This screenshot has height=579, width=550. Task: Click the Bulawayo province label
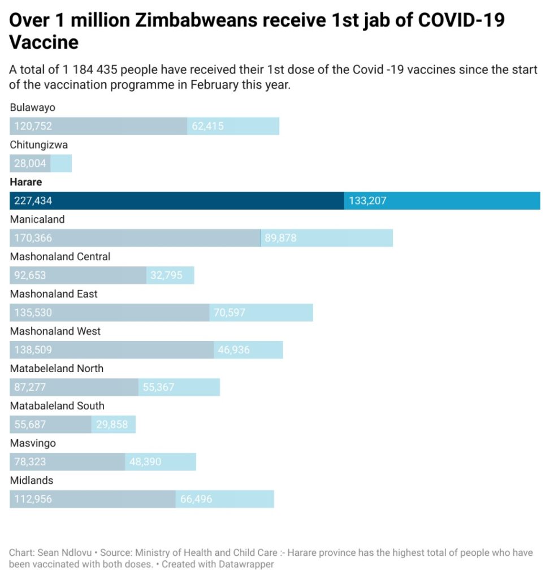pos(32,107)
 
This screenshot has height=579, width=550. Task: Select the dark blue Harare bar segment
pos(176,201)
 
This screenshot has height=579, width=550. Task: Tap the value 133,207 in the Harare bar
pos(367,201)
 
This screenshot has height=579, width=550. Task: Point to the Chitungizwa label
pos(38,145)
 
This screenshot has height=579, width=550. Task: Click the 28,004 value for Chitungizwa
pos(29,163)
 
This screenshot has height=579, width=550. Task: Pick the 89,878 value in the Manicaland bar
pos(280,238)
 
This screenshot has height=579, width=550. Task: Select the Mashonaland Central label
pos(60,257)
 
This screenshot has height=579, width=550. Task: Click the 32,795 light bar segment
pos(170,275)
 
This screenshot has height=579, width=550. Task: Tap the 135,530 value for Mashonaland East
pos(33,313)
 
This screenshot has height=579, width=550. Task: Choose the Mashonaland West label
pos(55,331)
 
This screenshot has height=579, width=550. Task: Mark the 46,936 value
pos(233,350)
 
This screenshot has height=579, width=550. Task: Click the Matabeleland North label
pos(57,369)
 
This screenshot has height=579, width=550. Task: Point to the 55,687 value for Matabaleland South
pos(30,425)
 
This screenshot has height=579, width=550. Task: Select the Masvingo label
pos(33,443)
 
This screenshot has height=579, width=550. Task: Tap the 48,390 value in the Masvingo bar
pos(145,462)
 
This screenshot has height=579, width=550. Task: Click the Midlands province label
pos(31,481)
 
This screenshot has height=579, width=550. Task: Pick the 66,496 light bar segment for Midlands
pos(225,499)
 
